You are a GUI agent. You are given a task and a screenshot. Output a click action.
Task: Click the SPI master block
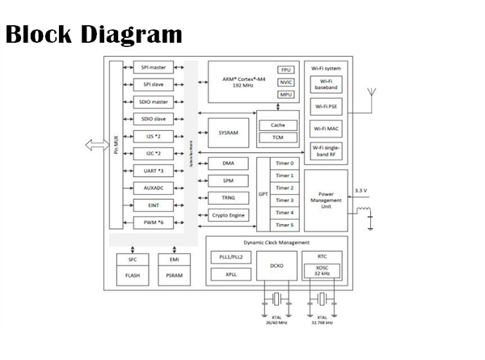point(154,68)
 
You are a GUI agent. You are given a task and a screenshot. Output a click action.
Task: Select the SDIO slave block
point(154,119)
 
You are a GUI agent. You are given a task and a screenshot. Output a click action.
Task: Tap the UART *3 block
point(154,171)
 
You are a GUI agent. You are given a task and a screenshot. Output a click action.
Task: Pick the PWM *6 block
point(154,222)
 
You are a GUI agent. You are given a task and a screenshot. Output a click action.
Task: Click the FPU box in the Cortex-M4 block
point(286,70)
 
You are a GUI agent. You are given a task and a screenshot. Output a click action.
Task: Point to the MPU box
point(286,95)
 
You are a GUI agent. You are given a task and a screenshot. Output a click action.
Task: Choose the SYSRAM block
point(229,132)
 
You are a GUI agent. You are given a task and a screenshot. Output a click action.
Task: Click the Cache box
point(277,125)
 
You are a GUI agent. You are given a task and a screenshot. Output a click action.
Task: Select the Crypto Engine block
point(229,215)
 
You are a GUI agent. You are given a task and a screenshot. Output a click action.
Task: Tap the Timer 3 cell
point(285,200)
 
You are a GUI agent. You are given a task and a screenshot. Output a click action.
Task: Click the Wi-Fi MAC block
point(327,128)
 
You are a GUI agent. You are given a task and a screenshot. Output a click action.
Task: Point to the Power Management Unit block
point(327,200)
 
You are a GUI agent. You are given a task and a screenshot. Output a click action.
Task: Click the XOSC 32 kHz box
point(322,270)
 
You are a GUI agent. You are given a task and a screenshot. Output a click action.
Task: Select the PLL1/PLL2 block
point(230,256)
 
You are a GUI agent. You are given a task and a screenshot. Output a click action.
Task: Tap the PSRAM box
point(173,275)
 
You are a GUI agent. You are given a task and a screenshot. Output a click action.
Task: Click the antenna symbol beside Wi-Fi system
point(372,95)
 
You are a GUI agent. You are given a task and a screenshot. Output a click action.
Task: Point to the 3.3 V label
point(361,191)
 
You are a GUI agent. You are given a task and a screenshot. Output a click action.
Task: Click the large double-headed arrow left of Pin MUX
point(95,145)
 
